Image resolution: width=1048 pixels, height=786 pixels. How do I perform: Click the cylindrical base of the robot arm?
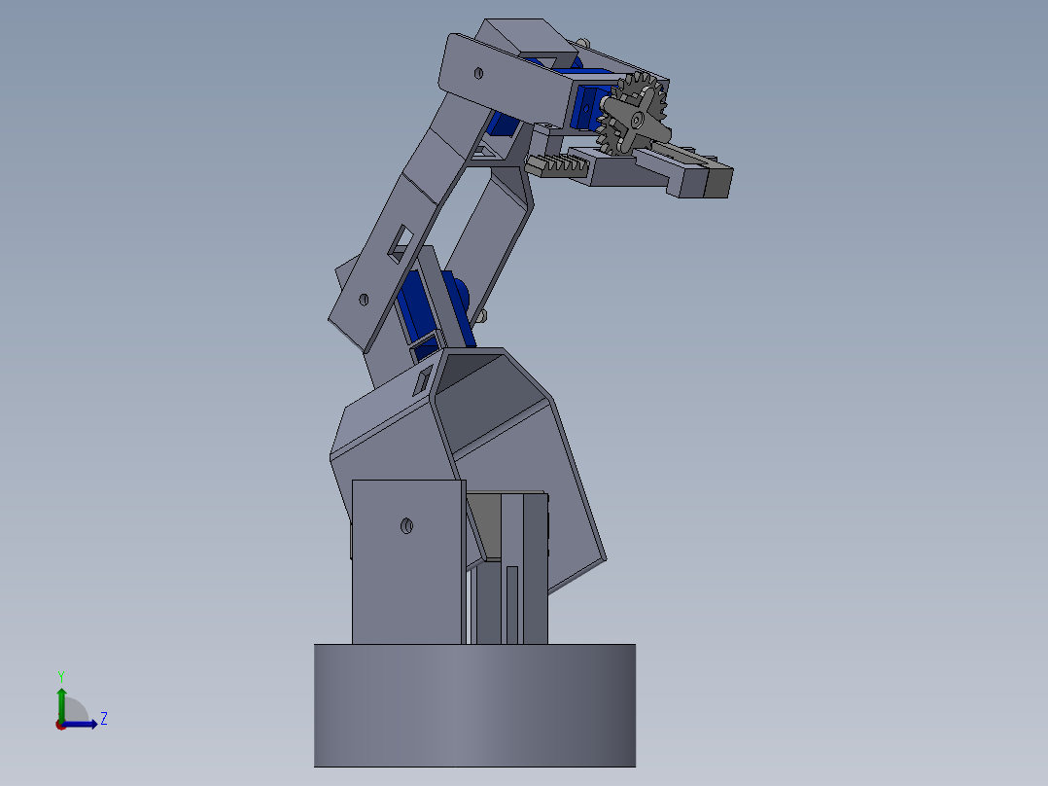point(474,705)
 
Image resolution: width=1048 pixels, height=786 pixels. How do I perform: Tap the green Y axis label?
point(61,676)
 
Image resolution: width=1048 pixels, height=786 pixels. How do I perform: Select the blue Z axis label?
point(104,719)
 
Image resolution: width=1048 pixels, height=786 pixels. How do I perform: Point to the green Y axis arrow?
point(61,704)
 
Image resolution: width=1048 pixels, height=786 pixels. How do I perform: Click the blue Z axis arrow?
point(79,725)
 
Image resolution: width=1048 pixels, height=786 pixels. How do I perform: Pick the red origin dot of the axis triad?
point(61,725)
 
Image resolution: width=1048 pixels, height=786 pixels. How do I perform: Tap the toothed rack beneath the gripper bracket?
point(557,165)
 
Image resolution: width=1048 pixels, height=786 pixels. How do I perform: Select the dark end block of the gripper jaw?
point(717,181)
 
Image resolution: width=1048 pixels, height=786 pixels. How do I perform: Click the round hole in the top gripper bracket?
point(478,74)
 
